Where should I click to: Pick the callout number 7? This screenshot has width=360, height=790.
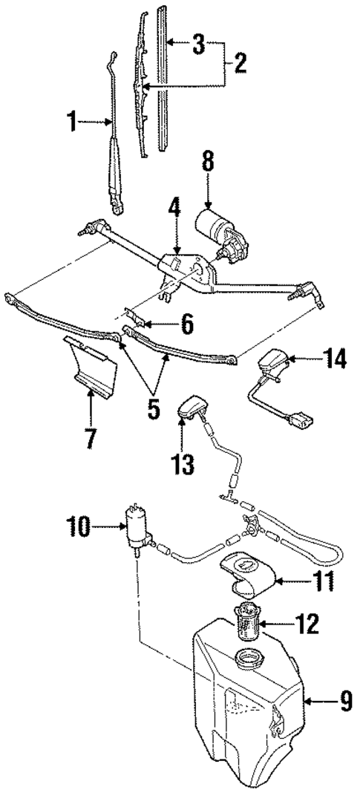[89, 437]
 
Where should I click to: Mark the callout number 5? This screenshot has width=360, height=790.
[153, 408]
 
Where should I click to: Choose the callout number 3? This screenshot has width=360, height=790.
[198, 45]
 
